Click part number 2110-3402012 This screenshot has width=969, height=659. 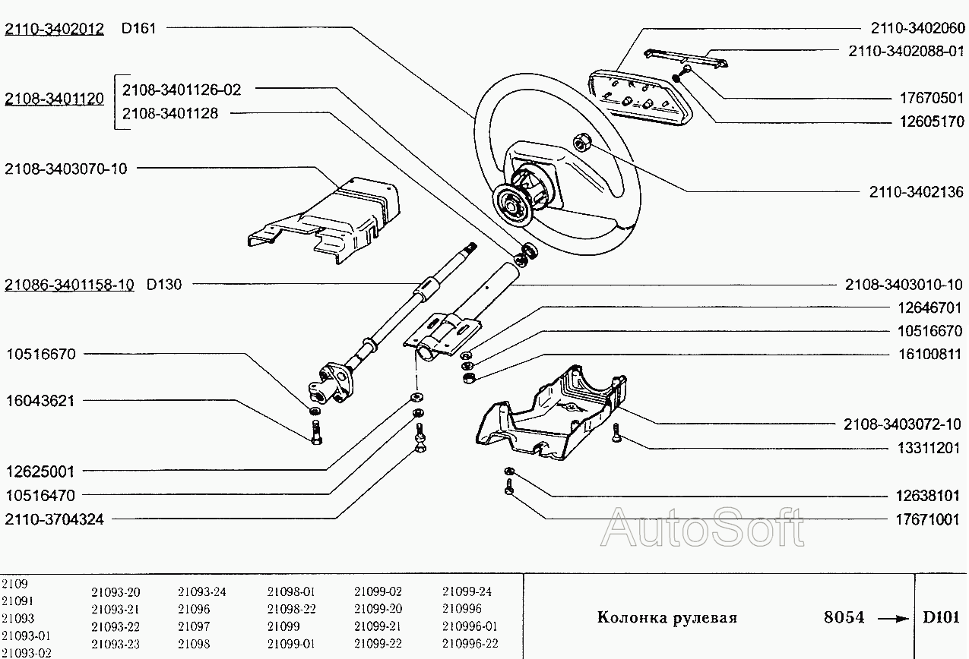click(x=54, y=30)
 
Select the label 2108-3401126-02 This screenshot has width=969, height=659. click(x=182, y=90)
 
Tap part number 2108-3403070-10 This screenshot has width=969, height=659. click(x=66, y=169)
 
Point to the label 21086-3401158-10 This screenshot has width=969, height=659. click(x=70, y=285)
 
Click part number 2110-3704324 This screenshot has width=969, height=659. click(x=55, y=519)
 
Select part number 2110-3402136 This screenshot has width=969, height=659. click(x=916, y=192)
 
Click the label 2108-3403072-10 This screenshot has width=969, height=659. click(x=903, y=424)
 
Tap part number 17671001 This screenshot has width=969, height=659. click(x=926, y=519)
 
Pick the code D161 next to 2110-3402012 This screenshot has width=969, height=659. click(x=138, y=30)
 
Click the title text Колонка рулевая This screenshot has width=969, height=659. click(x=667, y=617)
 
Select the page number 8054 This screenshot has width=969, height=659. click(x=844, y=617)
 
